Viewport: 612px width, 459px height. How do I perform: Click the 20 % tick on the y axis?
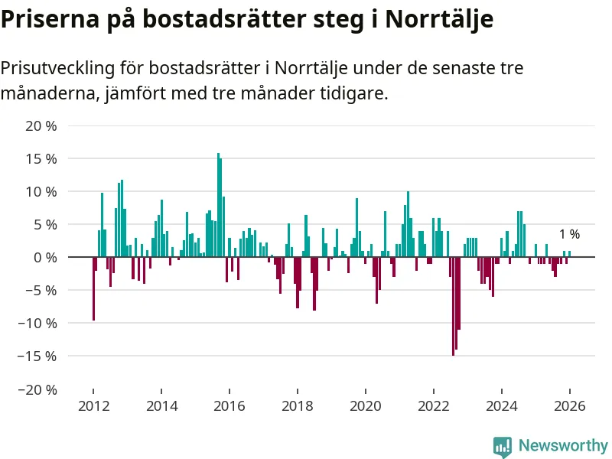click(x=41, y=126)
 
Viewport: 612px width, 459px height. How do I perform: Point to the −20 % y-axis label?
click(x=37, y=389)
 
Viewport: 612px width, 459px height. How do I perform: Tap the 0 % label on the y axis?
click(x=45, y=258)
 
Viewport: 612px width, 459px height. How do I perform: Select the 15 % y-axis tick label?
click(x=41, y=159)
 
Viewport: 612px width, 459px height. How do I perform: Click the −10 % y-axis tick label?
click(x=37, y=324)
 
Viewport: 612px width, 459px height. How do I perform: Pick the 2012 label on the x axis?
click(x=93, y=406)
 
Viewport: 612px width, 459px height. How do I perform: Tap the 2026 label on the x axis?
click(x=570, y=406)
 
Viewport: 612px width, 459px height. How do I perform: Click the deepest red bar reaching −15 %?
click(x=453, y=306)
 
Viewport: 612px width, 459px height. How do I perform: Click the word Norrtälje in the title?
click(x=439, y=19)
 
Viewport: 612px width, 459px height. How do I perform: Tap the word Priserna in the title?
click(x=53, y=19)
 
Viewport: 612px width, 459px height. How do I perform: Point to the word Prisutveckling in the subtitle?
click(x=58, y=68)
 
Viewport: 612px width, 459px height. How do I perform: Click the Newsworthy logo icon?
click(x=503, y=446)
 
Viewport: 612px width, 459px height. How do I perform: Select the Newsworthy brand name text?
click(x=563, y=446)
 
